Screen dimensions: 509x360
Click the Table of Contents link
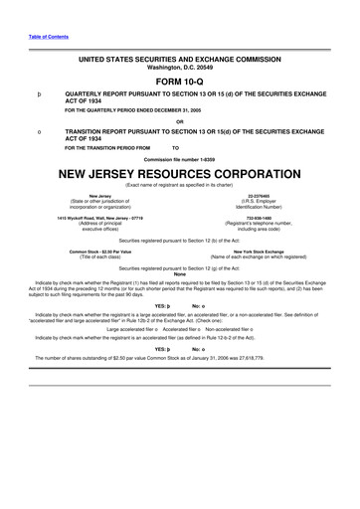point(42,36)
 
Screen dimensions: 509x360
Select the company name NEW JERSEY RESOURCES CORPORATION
point(180,171)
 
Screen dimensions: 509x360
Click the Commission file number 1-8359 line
point(180,157)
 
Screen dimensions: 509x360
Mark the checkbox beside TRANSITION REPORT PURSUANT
point(37,131)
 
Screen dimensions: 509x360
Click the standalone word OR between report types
point(180,122)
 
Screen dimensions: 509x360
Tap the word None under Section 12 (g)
point(180,274)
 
